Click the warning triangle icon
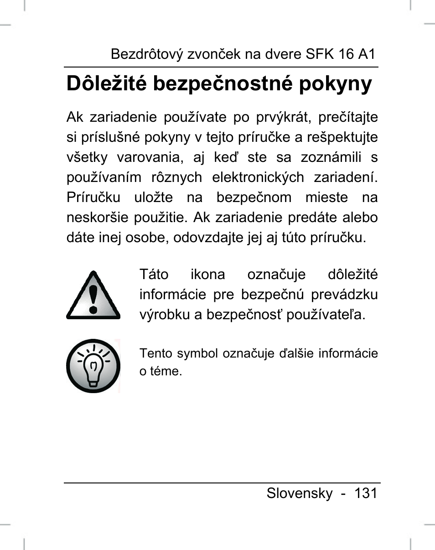(x=93, y=296)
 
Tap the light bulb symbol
(x=93, y=366)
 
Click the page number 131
(x=366, y=493)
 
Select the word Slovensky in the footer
(x=300, y=493)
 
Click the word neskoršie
(x=98, y=218)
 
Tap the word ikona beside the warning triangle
(x=208, y=275)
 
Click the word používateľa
(x=326, y=315)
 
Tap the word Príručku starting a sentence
(x=93, y=197)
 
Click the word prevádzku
(x=345, y=295)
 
